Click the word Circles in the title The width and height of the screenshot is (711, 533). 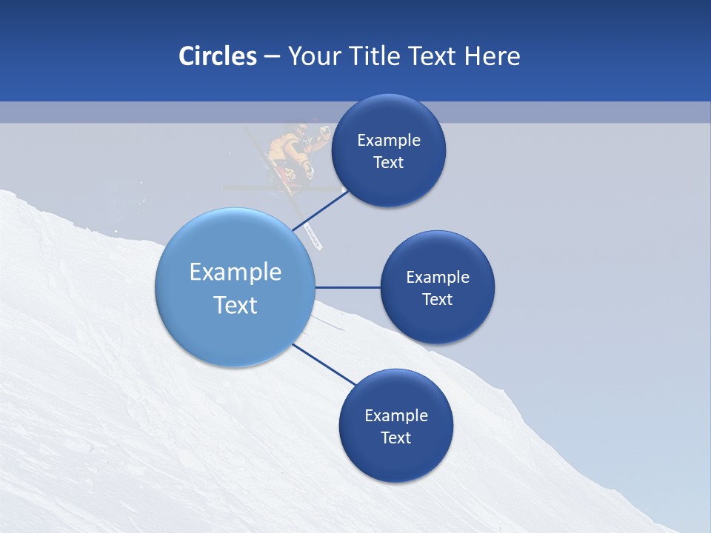[218, 56]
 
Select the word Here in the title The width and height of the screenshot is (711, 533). [493, 56]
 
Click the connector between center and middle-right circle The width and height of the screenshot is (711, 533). [348, 287]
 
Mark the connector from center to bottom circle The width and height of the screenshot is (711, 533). [324, 363]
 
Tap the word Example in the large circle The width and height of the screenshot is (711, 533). [236, 272]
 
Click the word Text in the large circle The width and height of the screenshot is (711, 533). [236, 305]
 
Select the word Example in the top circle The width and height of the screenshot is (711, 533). [389, 140]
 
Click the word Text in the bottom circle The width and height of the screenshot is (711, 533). [396, 438]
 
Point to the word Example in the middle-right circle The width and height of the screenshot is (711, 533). [438, 277]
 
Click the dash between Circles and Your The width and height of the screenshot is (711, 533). [272, 57]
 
